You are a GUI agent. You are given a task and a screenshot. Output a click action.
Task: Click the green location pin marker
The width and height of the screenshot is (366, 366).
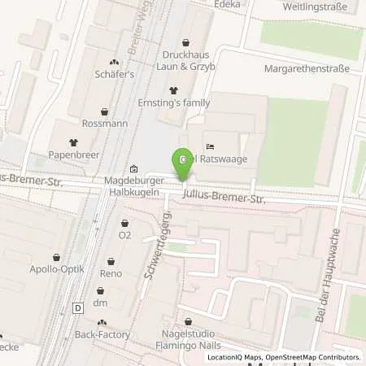click(184, 161)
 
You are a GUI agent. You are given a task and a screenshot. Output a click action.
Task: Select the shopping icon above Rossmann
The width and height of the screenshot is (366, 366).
click(104, 111)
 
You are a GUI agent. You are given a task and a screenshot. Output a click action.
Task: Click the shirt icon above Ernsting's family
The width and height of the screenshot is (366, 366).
click(172, 90)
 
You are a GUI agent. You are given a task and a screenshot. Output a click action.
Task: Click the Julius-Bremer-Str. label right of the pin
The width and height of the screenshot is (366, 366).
click(224, 198)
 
